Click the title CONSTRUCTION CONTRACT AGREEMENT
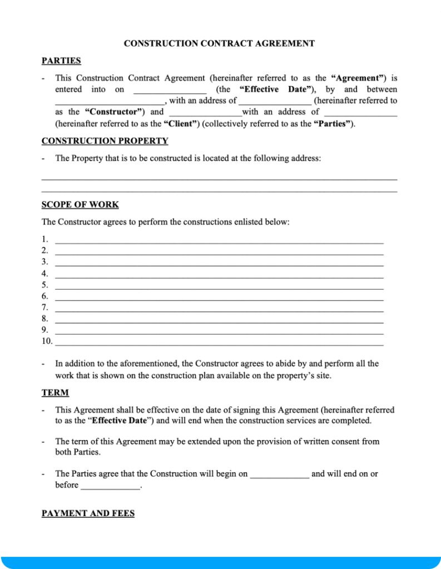pyautogui.click(x=219, y=43)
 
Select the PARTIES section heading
pyautogui.click(x=61, y=61)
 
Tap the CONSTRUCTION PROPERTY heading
pyautogui.click(x=105, y=141)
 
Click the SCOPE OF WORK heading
pyautogui.click(x=80, y=204)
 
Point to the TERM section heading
pyautogui.click(x=55, y=393)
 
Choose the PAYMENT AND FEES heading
pyautogui.click(x=88, y=513)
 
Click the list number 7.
pyautogui.click(x=44, y=307)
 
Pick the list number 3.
pyautogui.click(x=44, y=262)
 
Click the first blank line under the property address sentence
pyautogui.click(x=219, y=178)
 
